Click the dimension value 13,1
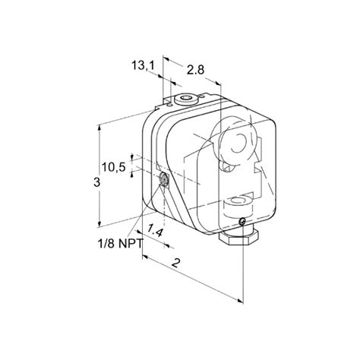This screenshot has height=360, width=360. (144, 65)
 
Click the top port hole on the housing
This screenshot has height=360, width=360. (186, 98)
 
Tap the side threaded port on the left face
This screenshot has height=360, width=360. (166, 181)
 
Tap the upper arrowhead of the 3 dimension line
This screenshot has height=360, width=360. (100, 127)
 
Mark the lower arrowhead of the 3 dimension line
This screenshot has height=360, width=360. (100, 224)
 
